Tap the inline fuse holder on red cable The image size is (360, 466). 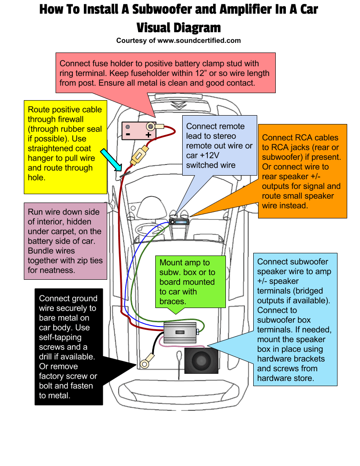pyautogui.click(x=139, y=155)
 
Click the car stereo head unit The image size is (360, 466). pyautogui.click(x=179, y=223)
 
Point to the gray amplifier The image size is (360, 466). pyautogui.click(x=180, y=332)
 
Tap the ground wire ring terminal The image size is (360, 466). pyautogui.click(x=144, y=363)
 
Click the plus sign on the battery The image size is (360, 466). pyautogui.click(x=148, y=135)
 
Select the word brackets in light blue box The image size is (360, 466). pyautogui.click(x=305, y=359)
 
